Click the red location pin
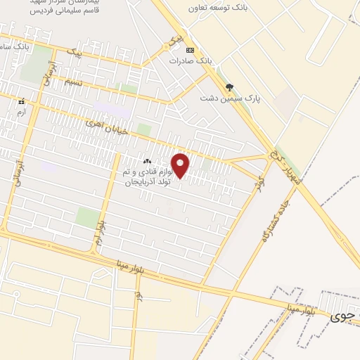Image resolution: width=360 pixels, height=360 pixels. click(181, 166)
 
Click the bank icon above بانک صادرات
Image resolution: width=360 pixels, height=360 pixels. click(189, 50)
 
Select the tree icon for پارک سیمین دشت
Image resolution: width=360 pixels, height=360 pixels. click(229, 87)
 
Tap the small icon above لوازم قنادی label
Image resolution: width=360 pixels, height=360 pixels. click(147, 162)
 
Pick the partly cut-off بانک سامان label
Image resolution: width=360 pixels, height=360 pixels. click(14, 46)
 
